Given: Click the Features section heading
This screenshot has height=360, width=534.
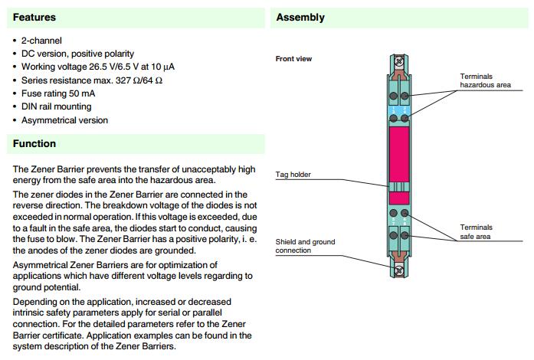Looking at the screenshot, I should (34, 17).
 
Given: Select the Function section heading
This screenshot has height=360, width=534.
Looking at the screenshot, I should (34, 143).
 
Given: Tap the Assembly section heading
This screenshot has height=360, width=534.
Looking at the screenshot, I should (300, 17).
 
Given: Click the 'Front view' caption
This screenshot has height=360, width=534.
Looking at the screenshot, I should (293, 59).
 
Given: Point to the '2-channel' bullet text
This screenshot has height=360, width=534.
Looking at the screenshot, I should (41, 40).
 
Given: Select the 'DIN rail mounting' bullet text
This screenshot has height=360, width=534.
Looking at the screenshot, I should (56, 106).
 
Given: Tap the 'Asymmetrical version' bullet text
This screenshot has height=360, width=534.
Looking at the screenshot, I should (64, 120).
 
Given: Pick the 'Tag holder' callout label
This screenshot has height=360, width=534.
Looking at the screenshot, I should (293, 175).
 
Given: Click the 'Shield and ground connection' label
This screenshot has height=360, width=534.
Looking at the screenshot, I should (305, 246).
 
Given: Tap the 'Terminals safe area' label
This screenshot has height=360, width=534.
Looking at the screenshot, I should (477, 231).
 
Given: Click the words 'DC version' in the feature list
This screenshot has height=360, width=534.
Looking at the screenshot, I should (43, 54).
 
